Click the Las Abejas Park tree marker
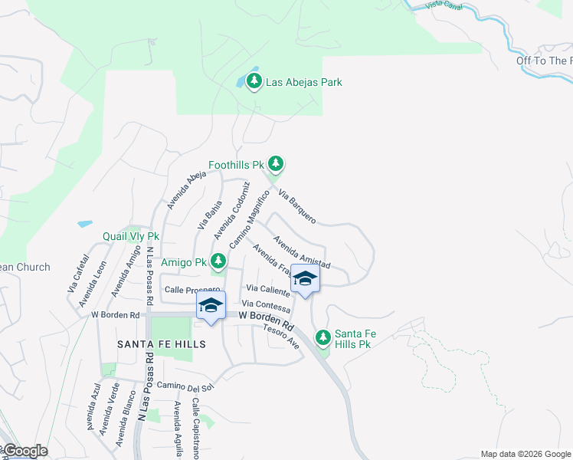point(253,80)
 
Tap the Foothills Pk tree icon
point(276,164)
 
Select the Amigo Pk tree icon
point(218,262)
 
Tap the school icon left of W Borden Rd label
point(210,306)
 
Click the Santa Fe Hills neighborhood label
point(162,344)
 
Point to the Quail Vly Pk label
point(131,237)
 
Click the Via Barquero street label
point(296,206)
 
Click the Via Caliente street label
point(267,288)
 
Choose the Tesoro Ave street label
point(280,336)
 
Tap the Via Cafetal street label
point(78,274)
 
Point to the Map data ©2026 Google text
point(526,454)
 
